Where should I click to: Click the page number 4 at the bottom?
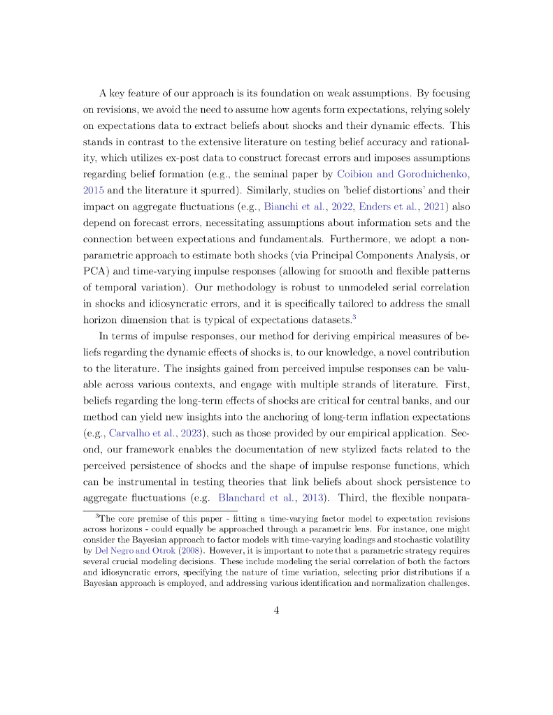pos(276,610)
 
